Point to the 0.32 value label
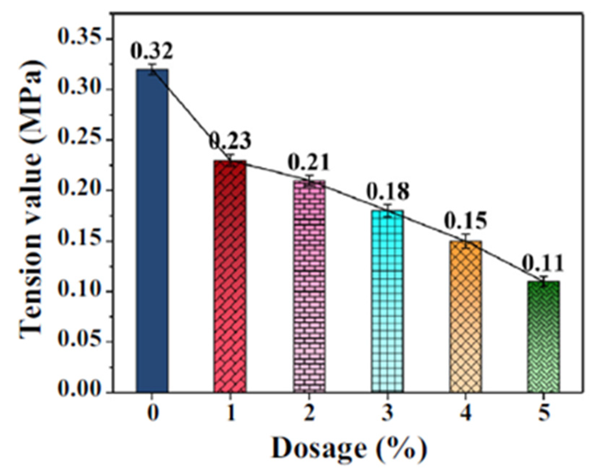(x=152, y=51)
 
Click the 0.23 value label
(x=230, y=141)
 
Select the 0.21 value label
(x=309, y=162)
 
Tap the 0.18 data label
(x=388, y=191)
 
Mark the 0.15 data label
(x=466, y=221)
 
